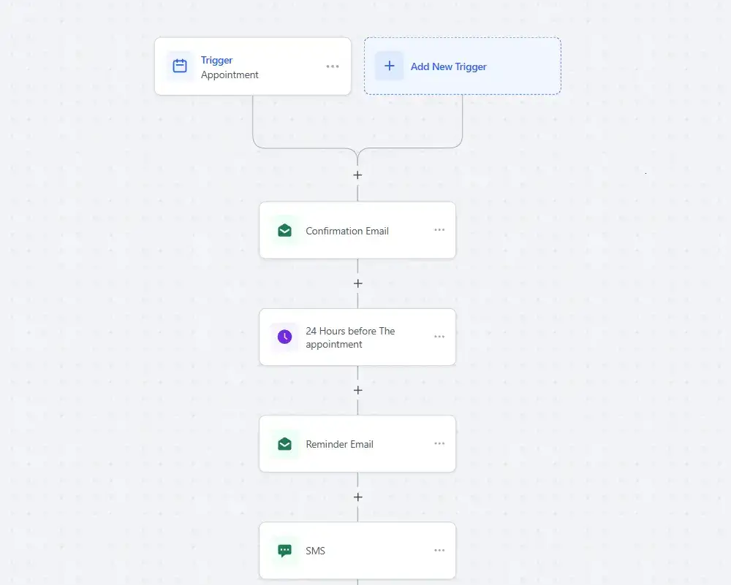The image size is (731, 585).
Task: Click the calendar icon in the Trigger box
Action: [x=180, y=66]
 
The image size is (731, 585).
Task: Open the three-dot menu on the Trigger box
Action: [x=333, y=66]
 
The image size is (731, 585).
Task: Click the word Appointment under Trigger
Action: [x=230, y=75]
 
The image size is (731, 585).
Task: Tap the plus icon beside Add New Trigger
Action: [x=390, y=66]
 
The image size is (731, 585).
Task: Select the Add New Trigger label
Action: [x=449, y=66]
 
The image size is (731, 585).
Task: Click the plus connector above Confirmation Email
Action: [x=357, y=175]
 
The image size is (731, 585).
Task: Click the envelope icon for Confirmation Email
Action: [x=284, y=230]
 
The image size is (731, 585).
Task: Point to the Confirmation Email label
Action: [x=346, y=231]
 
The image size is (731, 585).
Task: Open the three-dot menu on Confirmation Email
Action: [x=439, y=229]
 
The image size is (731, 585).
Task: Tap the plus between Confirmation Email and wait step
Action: [x=357, y=283]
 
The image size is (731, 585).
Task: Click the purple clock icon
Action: [x=284, y=336]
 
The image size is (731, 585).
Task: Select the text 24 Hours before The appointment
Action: [x=350, y=337]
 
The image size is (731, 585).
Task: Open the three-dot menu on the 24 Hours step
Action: [x=439, y=336]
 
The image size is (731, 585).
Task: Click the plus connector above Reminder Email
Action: [x=357, y=390]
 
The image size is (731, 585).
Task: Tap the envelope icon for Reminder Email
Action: [x=284, y=444]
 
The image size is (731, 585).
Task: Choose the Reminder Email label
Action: [x=339, y=444]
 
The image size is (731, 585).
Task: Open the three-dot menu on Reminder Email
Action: [x=439, y=443]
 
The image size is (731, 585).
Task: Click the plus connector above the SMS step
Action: [x=357, y=497]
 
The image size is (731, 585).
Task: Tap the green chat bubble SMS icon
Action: [x=284, y=551]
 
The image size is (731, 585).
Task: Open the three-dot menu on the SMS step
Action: [x=439, y=550]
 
